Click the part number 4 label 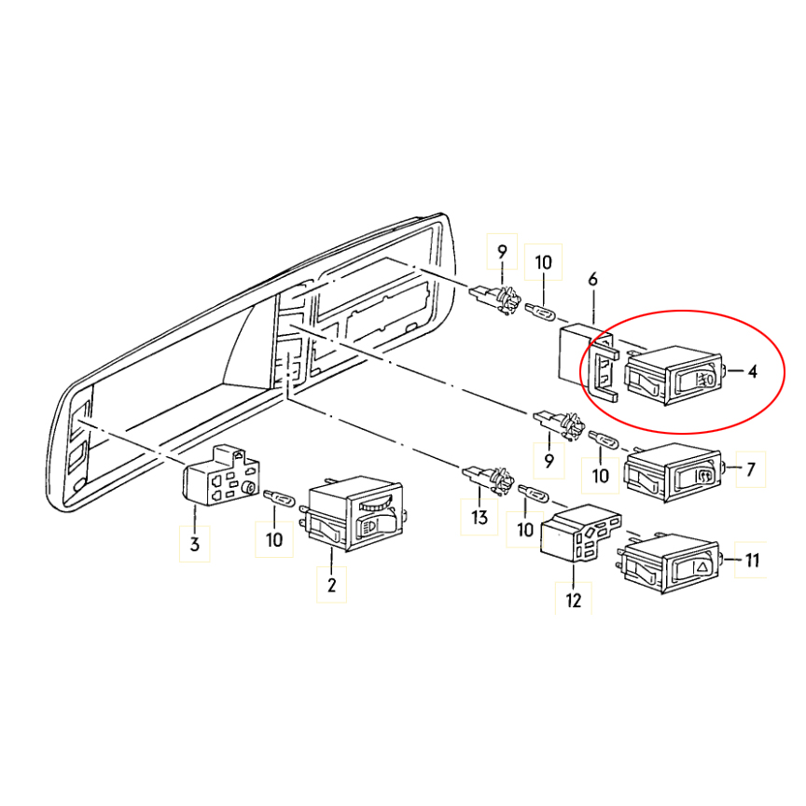coord(753,371)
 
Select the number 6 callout coord(592,280)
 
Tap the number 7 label coord(751,469)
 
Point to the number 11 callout coord(752,560)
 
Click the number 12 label coord(573,600)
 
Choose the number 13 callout coord(479,517)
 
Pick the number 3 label coord(194,544)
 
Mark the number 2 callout coord(331,585)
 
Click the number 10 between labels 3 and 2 coord(274,540)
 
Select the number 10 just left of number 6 coord(543,262)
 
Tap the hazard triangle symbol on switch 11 coord(702,567)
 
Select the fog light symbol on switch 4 coord(703,380)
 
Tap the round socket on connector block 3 coord(250,488)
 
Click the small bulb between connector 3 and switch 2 coord(279,498)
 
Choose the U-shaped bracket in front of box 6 coord(603,371)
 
